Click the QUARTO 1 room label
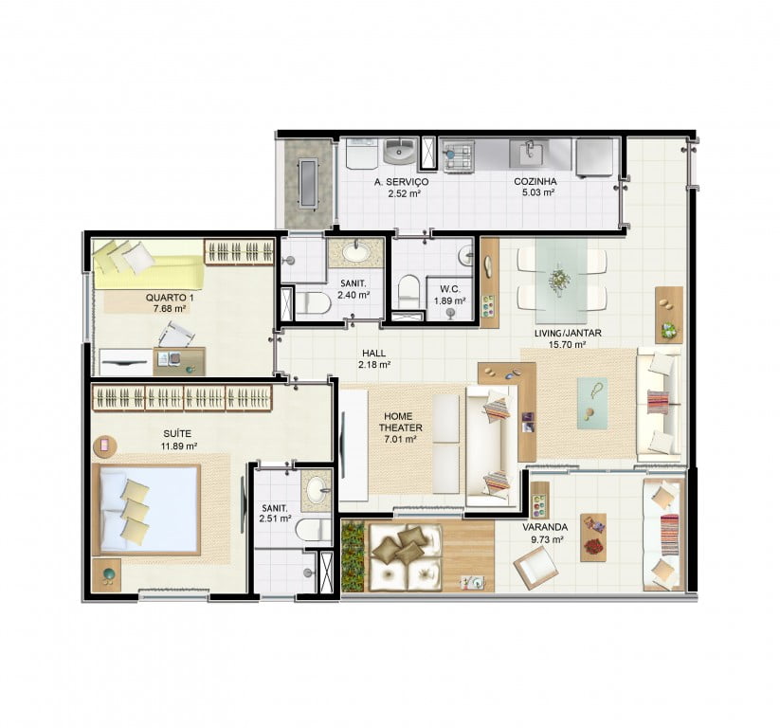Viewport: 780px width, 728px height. pyautogui.click(x=169, y=298)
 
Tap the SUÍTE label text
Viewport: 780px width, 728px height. pyautogui.click(x=176, y=434)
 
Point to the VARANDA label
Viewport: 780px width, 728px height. pyautogui.click(x=545, y=527)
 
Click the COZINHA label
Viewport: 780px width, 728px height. pyautogui.click(x=535, y=182)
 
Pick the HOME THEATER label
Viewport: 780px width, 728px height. pyautogui.click(x=400, y=422)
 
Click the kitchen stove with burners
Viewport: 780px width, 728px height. pyautogui.click(x=458, y=155)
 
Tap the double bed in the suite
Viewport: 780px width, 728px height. pyautogui.click(x=146, y=510)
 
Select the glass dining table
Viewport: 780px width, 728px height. pyautogui.click(x=561, y=281)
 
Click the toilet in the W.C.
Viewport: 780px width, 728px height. pyautogui.click(x=409, y=291)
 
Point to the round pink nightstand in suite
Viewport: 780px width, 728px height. pyautogui.click(x=105, y=446)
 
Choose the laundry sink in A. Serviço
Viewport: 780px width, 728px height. pyautogui.click(x=400, y=151)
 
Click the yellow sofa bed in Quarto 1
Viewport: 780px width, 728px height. pyautogui.click(x=148, y=265)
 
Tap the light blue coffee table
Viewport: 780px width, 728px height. pyautogui.click(x=592, y=403)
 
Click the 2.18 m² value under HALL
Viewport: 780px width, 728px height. pyautogui.click(x=374, y=364)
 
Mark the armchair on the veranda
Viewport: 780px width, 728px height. pyautogui.click(x=535, y=570)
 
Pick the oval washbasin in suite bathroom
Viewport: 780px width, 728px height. pyautogui.click(x=317, y=490)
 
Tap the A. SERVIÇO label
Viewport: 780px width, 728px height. pyautogui.click(x=401, y=182)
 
